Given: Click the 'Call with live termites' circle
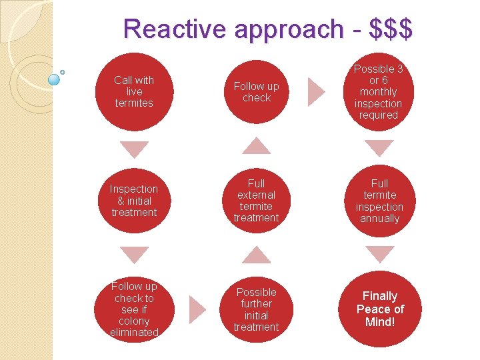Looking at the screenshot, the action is [x=134, y=91].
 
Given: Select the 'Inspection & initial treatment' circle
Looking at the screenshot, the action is [x=134, y=201].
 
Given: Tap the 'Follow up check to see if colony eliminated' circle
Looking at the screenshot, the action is [x=134, y=309].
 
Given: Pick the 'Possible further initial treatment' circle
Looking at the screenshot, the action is [x=257, y=309].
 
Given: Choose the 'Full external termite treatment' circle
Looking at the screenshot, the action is [x=257, y=201].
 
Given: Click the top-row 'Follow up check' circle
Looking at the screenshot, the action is [x=257, y=91].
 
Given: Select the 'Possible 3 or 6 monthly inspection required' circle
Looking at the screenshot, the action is [x=379, y=91].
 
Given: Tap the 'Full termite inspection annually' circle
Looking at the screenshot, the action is [x=379, y=201].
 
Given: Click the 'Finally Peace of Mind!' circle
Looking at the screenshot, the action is [x=379, y=309].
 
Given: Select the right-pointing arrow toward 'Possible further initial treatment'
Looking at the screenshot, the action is [x=197, y=309].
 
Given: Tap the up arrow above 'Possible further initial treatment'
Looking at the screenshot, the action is [x=256, y=255].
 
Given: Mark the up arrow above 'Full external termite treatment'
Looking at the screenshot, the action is [x=256, y=146].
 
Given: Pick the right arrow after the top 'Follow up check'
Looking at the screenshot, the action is [x=316, y=91].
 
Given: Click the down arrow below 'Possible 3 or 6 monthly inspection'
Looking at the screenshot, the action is [x=380, y=149].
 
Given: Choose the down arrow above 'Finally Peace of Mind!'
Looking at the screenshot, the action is [x=380, y=254].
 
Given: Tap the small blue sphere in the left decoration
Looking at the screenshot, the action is [x=55, y=79].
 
